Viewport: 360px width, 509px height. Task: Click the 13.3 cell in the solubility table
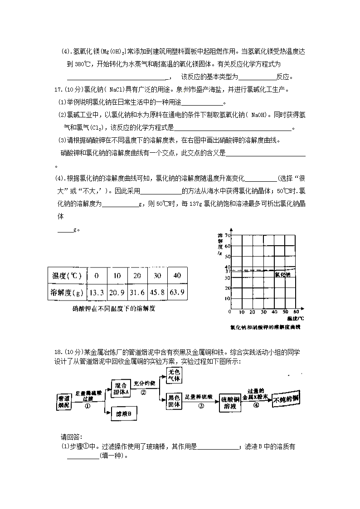click(x=96, y=292)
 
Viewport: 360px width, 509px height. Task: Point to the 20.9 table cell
click(x=117, y=292)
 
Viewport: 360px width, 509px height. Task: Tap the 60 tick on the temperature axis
click(x=296, y=312)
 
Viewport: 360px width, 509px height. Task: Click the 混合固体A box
click(x=121, y=388)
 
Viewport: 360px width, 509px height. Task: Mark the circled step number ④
click(x=256, y=406)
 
